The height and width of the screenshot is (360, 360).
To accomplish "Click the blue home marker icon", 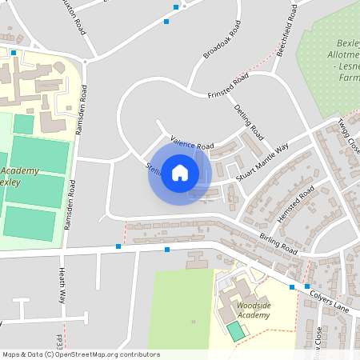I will coord(180,172).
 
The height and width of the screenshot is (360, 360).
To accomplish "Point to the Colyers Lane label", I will coord(330,300).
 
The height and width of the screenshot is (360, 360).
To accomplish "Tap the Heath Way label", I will coord(61,286).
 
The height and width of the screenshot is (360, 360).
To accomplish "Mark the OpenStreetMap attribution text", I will coord(80,354).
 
